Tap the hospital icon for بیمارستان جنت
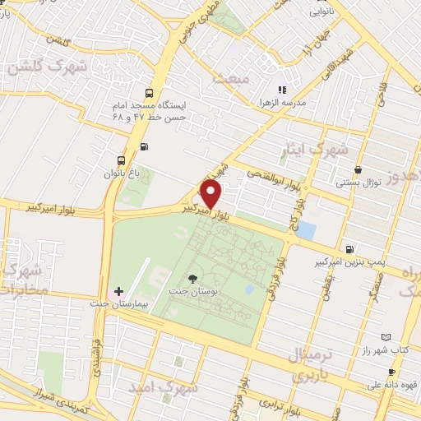[x=119, y=291]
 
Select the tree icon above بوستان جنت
[x=193, y=279]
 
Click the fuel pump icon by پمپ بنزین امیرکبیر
[x=350, y=248]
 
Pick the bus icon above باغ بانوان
[x=122, y=160]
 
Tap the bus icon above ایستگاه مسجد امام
[x=149, y=93]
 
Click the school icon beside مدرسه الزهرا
[x=282, y=89]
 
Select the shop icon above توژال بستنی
[x=357, y=170]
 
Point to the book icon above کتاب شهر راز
[x=386, y=336]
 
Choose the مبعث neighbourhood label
[x=229, y=77]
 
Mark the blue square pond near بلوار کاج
[x=306, y=230]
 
